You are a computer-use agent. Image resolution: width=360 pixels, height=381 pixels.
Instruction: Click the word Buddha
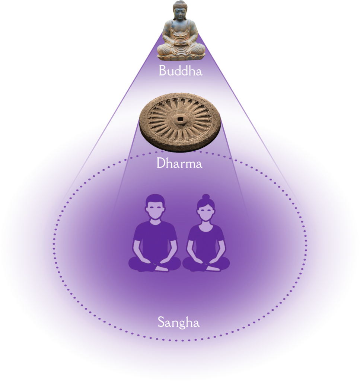pyautogui.click(x=181, y=70)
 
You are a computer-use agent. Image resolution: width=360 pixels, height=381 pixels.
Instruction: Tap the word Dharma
pyautogui.click(x=179, y=164)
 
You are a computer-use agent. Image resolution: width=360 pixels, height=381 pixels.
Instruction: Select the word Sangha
pyautogui.click(x=179, y=323)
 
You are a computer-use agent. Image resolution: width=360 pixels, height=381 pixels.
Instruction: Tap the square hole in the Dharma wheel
pyautogui.click(x=180, y=120)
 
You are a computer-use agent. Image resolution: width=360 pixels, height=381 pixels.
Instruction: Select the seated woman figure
pyautogui.click(x=206, y=234)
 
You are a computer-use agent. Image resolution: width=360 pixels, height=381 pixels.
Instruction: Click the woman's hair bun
pyautogui.click(x=206, y=196)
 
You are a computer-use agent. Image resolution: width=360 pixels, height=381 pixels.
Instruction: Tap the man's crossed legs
pyautogui.click(x=155, y=263)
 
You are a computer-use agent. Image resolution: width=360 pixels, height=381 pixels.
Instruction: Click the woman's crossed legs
pyautogui.click(x=206, y=263)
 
